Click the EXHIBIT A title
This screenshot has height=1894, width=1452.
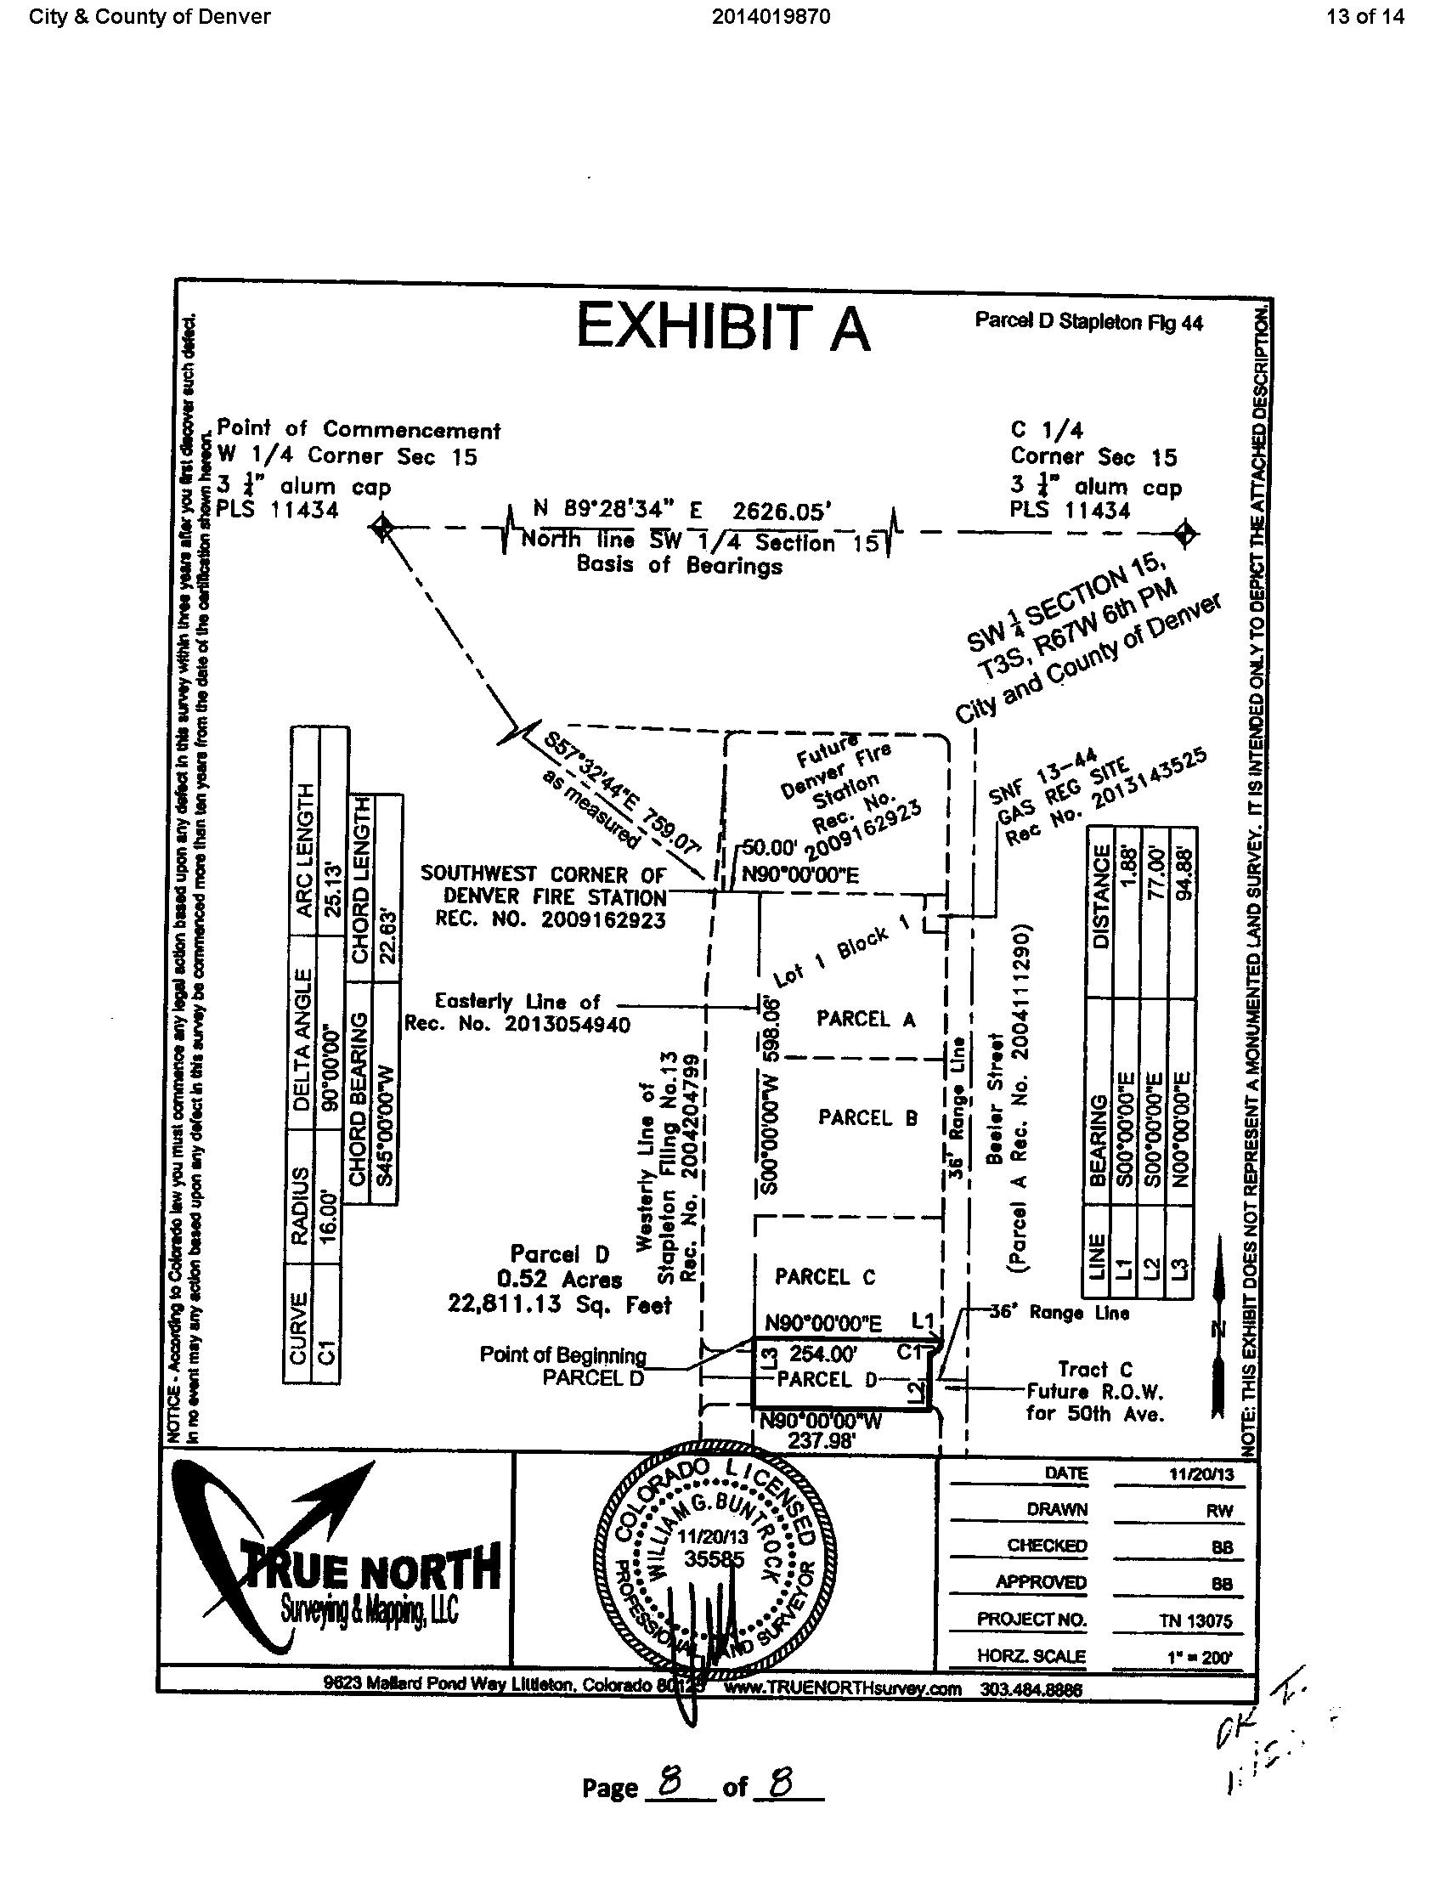coord(723,328)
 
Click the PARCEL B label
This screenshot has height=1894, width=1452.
coord(867,1117)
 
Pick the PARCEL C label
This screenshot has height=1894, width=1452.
coord(824,1277)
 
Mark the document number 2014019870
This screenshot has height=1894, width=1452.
coord(771,16)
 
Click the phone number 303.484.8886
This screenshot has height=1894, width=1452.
coord(1031,1689)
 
